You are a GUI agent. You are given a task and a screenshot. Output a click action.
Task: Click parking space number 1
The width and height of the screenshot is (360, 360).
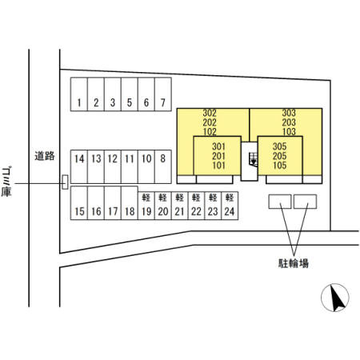(79, 94)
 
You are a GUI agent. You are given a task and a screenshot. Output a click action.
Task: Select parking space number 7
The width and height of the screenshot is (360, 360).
(163, 94)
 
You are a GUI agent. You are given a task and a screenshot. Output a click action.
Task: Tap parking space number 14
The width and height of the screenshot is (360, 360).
(79, 166)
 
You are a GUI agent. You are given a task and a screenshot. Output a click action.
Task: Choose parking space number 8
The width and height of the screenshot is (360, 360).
(163, 166)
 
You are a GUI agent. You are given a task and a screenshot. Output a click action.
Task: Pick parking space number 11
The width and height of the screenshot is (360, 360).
(130, 166)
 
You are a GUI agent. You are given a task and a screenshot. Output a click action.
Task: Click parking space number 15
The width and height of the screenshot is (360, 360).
(79, 203)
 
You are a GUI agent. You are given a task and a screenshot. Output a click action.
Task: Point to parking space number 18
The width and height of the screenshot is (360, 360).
(130, 203)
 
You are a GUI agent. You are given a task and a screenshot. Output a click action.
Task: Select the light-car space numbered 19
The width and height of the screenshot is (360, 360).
(146, 206)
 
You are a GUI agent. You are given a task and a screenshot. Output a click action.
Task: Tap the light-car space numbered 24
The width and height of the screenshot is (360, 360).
(230, 206)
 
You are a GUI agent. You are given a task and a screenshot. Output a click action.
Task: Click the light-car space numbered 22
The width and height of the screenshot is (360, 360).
(196, 206)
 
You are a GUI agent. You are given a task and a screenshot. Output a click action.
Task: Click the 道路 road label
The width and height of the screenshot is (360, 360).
(45, 156)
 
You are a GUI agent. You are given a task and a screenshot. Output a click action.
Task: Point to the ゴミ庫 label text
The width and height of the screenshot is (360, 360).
(6, 182)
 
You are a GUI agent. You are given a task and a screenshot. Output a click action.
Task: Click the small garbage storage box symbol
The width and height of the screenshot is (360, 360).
(65, 182)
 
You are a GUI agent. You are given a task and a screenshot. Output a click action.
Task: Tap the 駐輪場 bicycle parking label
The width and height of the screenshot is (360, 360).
(294, 263)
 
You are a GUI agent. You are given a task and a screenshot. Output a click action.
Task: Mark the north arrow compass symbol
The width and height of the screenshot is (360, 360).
(335, 298)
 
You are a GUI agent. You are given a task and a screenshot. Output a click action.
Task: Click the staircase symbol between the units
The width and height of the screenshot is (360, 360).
(253, 160)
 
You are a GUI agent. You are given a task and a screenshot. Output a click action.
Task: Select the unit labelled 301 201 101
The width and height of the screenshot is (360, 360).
(218, 156)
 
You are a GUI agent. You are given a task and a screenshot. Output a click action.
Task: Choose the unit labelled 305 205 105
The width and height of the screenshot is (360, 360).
(280, 156)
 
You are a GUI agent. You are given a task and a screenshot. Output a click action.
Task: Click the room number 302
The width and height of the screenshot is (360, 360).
(210, 113)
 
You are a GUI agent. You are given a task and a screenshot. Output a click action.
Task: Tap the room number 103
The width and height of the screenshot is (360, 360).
(289, 132)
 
